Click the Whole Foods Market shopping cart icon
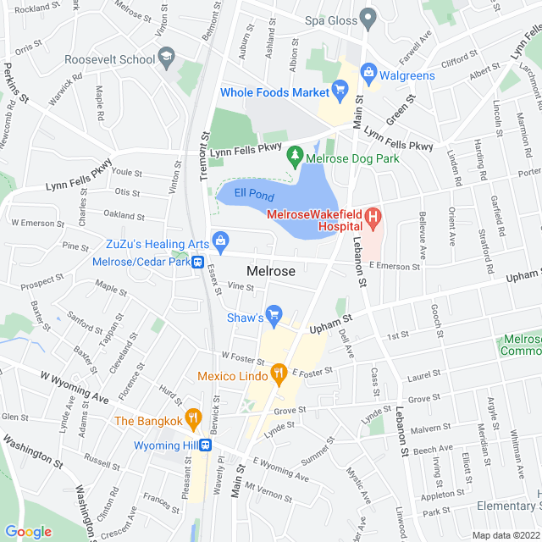(x=340, y=88)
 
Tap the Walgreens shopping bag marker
(x=368, y=72)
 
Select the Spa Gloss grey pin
(x=368, y=17)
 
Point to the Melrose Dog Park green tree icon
(x=295, y=155)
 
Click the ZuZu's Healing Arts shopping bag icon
(x=220, y=241)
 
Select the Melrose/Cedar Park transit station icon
(x=196, y=263)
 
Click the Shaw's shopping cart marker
(x=274, y=316)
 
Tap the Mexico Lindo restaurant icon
(x=277, y=373)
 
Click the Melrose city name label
(x=271, y=271)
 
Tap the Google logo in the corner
(x=28, y=531)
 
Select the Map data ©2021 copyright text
(x=505, y=535)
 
